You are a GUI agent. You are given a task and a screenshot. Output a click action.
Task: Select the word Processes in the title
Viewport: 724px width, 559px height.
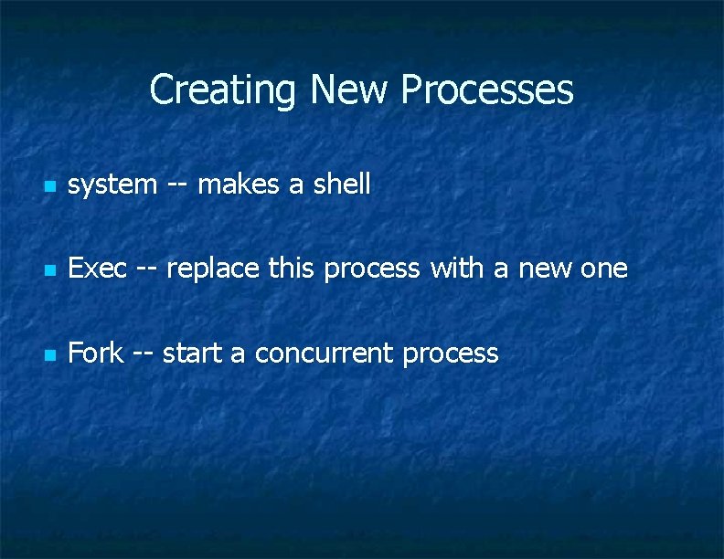tap(487, 90)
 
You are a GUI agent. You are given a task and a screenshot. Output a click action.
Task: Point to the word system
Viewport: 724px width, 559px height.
tap(112, 185)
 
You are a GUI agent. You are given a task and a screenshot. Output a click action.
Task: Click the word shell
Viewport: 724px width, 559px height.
tap(342, 185)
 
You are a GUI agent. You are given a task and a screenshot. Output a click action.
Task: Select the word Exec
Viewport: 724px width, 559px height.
tap(98, 269)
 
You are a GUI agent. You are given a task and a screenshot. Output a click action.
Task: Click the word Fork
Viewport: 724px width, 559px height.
tap(96, 353)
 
